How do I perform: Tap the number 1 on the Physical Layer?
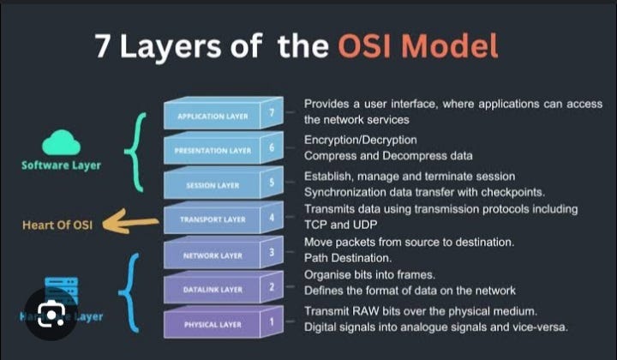[x=271, y=322]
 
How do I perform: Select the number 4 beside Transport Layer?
[x=271, y=218]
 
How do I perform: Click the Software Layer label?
[x=61, y=165]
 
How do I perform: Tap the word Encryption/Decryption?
[x=360, y=139]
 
